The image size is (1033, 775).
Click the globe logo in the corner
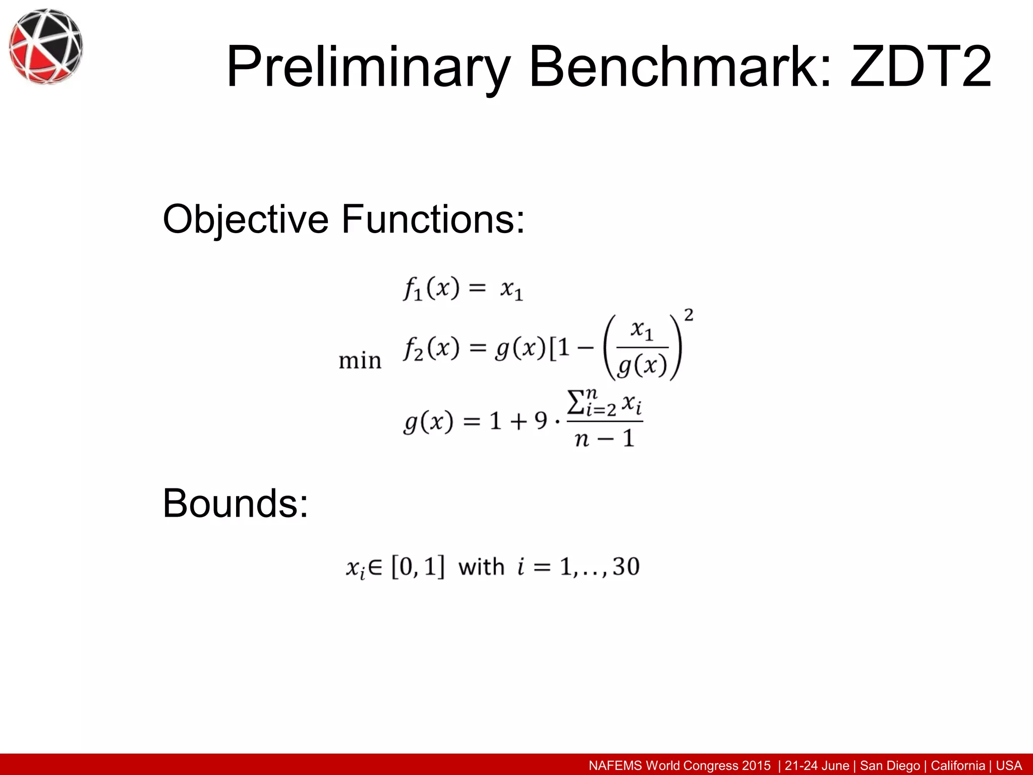(x=46, y=46)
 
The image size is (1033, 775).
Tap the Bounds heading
(x=235, y=503)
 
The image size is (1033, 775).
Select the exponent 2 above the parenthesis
(x=688, y=315)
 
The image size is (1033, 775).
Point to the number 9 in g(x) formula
(x=541, y=420)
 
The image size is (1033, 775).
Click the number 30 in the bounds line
(x=626, y=566)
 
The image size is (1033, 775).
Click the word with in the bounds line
(x=481, y=567)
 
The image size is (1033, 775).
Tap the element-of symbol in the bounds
(x=375, y=567)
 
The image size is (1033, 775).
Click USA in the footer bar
(x=1009, y=765)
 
